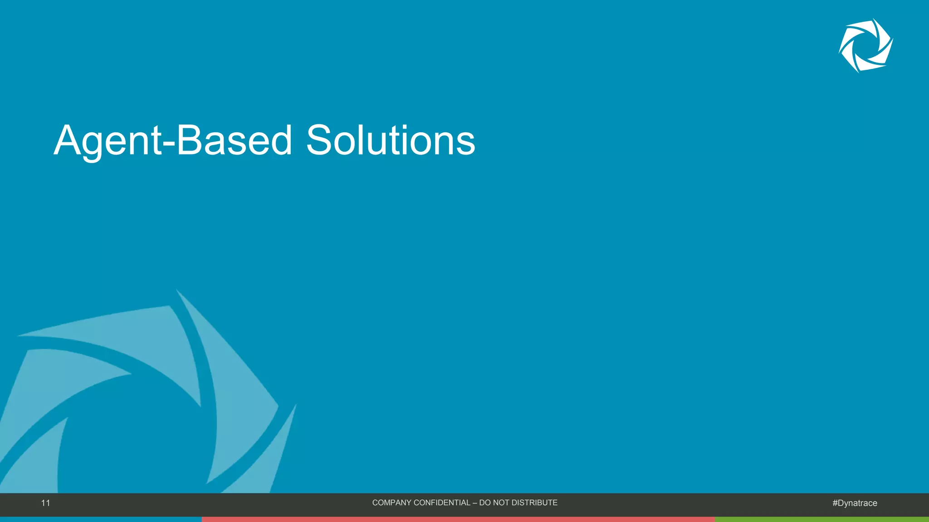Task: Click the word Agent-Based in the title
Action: coord(172,140)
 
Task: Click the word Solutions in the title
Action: coord(391,140)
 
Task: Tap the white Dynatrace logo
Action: coord(865,45)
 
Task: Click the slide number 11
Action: coord(45,503)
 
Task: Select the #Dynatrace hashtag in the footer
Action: coord(855,503)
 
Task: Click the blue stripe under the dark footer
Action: coord(100,519)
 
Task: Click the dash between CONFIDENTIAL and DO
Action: coord(474,503)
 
